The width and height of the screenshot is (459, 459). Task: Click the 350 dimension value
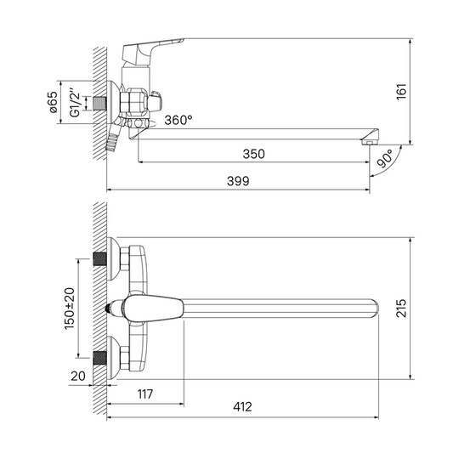(x=253, y=154)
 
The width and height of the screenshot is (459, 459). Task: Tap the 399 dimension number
(x=238, y=181)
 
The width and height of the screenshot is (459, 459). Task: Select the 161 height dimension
(x=401, y=92)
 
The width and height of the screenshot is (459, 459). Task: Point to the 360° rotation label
(x=178, y=120)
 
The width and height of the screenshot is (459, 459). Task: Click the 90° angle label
(x=385, y=158)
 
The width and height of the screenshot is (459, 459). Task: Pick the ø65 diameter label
(x=54, y=102)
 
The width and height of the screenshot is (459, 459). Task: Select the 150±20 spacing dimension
(x=70, y=309)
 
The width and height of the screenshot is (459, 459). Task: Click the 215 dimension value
(x=401, y=308)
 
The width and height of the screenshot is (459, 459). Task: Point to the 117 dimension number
(x=145, y=394)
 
